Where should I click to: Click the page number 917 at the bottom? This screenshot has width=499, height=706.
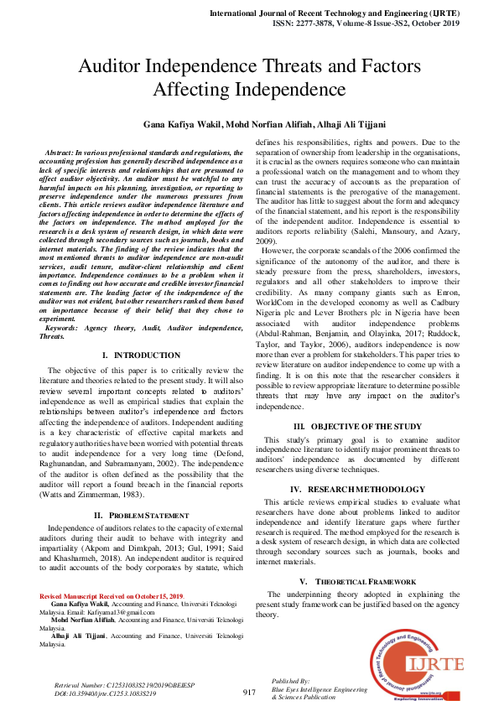click(249, 692)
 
